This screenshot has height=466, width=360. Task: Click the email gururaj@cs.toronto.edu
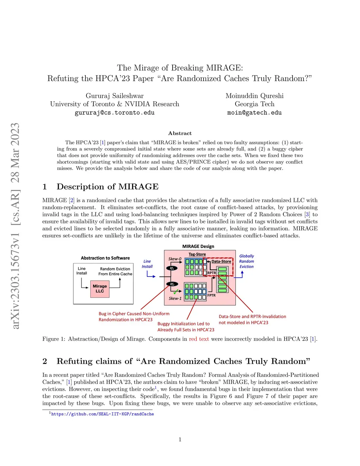(x=115, y=113)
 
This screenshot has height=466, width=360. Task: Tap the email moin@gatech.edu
(x=254, y=113)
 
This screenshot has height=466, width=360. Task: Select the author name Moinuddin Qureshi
(x=254, y=96)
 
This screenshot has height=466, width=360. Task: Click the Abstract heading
(x=180, y=133)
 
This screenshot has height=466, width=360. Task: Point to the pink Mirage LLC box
(x=100, y=289)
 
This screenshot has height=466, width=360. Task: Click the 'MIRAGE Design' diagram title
(x=198, y=247)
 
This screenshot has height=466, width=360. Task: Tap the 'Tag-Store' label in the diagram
(x=197, y=254)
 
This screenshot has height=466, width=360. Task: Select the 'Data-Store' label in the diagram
(x=221, y=262)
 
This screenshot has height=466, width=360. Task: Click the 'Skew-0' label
(x=175, y=259)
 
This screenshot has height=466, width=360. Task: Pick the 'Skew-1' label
(x=175, y=298)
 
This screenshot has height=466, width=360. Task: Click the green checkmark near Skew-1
(x=176, y=292)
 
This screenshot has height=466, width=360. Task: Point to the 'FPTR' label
(x=211, y=295)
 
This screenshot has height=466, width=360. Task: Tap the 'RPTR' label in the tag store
(x=212, y=273)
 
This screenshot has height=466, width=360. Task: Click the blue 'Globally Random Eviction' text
(x=246, y=261)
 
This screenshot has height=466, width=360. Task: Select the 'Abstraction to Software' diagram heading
(x=105, y=258)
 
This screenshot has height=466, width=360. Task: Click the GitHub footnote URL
(x=102, y=414)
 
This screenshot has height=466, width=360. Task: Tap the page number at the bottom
(x=180, y=439)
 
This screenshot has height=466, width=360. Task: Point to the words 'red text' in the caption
(x=199, y=339)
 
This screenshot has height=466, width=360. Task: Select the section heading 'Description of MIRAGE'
(x=108, y=187)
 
